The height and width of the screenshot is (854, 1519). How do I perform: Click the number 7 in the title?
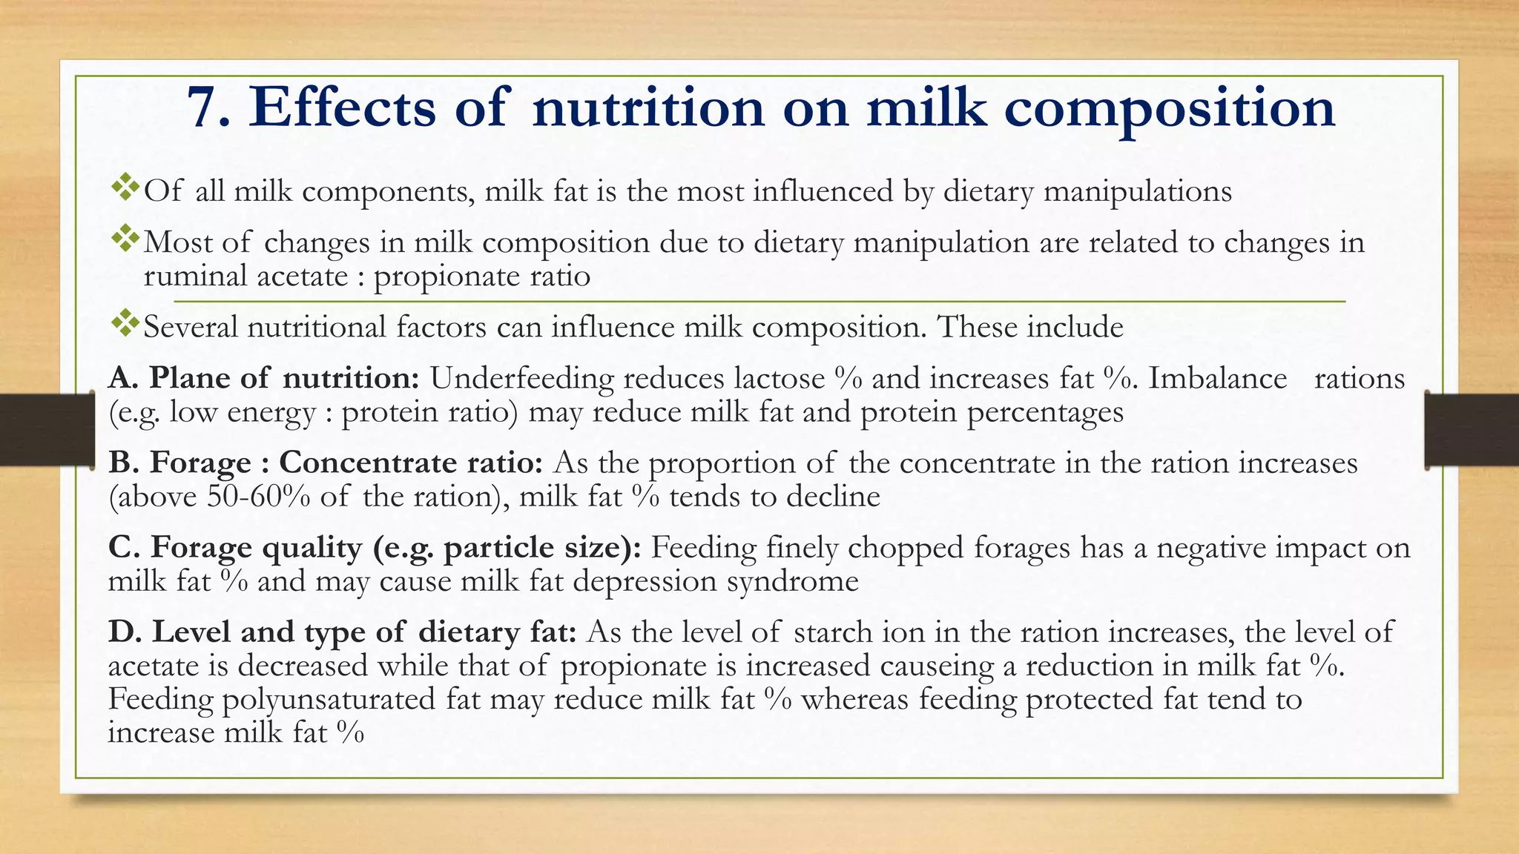(x=202, y=108)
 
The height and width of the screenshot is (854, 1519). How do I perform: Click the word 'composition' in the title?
(x=1170, y=108)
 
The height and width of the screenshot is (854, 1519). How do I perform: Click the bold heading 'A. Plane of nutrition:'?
(x=264, y=378)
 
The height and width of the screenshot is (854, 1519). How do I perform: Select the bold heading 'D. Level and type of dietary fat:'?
(x=342, y=632)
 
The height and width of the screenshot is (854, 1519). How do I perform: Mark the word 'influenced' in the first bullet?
(x=823, y=191)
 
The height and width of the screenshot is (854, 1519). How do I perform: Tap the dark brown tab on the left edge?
(x=45, y=430)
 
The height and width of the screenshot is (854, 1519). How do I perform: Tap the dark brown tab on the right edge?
(x=1473, y=430)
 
